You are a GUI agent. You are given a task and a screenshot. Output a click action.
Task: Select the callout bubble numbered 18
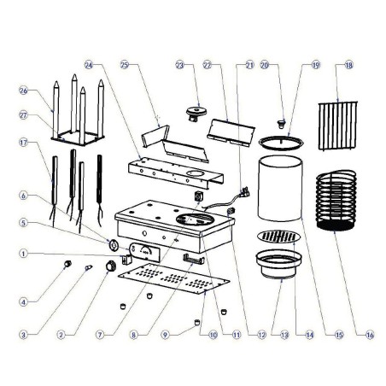click(348, 64)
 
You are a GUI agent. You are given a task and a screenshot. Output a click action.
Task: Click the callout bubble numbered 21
click(249, 64)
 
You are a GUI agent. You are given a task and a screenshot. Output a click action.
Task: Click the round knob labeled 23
click(199, 110)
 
